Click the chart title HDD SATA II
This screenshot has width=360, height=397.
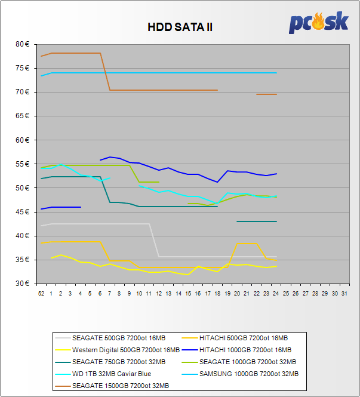(180, 27)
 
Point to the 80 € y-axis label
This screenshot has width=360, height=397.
(23, 44)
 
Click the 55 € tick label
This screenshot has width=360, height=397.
(23, 164)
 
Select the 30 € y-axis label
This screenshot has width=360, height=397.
(23, 284)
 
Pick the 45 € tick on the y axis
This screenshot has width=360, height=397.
(23, 212)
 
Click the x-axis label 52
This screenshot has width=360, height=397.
(41, 294)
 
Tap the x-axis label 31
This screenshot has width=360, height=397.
(343, 294)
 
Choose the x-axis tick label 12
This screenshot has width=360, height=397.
(158, 294)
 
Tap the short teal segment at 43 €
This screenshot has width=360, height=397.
(257, 221)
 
